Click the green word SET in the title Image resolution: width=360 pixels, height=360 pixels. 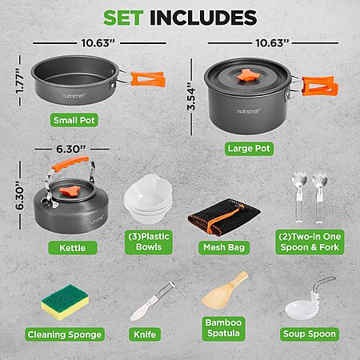point(123,18)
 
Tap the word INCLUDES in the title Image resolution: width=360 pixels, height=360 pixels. point(203,18)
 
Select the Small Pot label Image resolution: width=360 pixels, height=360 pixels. point(74,120)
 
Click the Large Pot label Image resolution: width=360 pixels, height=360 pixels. point(249,149)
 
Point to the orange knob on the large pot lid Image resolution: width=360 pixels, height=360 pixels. point(247,75)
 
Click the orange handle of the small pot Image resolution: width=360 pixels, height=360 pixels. point(147,79)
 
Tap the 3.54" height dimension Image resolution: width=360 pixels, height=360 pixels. point(191,98)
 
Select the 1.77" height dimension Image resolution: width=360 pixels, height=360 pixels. point(20,81)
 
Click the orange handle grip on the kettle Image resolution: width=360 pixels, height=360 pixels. point(70,163)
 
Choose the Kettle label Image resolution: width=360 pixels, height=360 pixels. point(73,248)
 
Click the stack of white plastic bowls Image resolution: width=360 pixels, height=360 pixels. point(148,198)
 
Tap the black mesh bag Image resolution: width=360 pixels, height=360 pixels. point(224,217)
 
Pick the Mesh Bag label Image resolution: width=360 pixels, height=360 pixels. point(224,247)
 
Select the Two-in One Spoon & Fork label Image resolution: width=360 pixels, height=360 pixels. point(310,242)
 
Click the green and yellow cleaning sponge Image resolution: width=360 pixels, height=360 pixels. point(65,302)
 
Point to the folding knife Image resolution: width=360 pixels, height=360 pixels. point(152,302)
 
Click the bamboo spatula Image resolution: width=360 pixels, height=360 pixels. point(225,290)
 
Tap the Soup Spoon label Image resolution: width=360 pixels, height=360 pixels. point(310,334)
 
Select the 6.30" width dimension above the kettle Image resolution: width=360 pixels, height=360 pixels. point(71,149)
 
